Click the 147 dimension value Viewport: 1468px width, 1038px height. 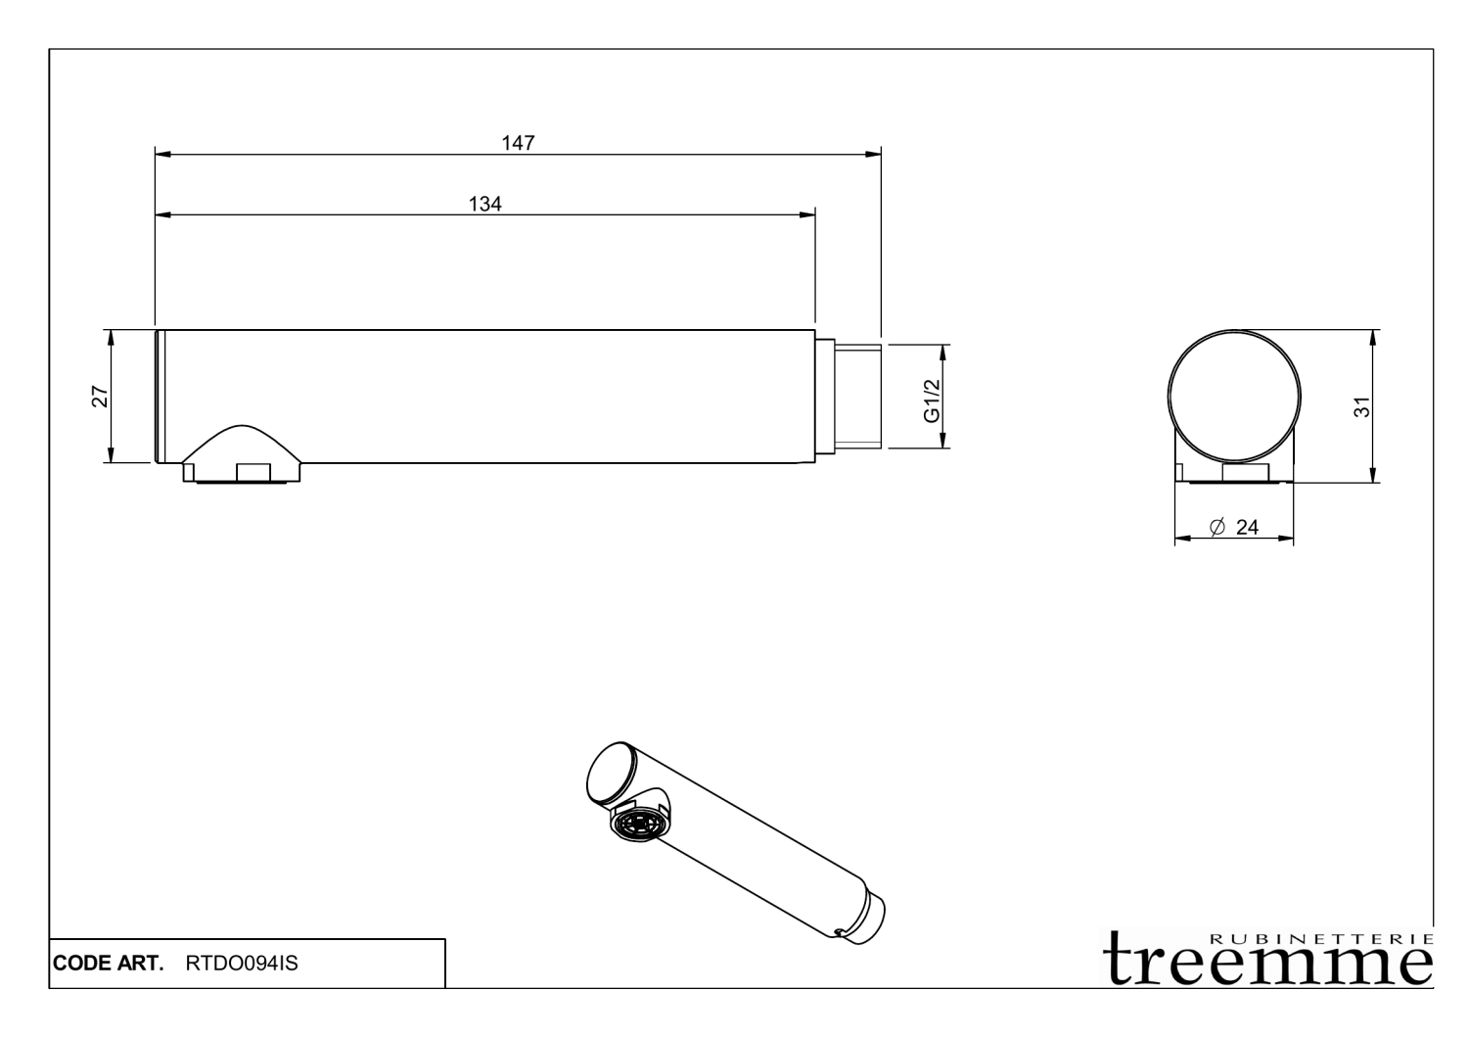pyautogui.click(x=518, y=143)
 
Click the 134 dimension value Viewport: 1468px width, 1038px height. pyautogui.click(x=485, y=204)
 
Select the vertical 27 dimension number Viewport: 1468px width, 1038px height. pyautogui.click(x=99, y=397)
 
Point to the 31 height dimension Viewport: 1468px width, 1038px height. pyautogui.click(x=1361, y=406)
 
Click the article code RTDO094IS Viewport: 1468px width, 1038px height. pyautogui.click(x=242, y=964)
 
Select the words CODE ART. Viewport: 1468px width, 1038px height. pyautogui.click(x=109, y=964)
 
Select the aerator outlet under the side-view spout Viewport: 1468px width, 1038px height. pyautogui.click(x=243, y=473)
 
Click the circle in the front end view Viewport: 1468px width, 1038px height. pyautogui.click(x=1236, y=397)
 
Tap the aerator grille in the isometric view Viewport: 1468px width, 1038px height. pyautogui.click(x=636, y=822)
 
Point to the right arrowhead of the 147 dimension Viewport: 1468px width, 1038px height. pyautogui.click(x=874, y=154)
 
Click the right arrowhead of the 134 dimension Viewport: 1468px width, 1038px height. pyautogui.click(x=808, y=214)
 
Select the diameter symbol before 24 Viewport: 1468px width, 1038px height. pyautogui.click(x=1217, y=527)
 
